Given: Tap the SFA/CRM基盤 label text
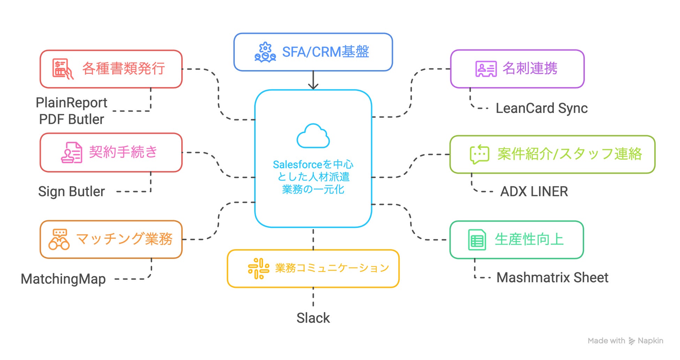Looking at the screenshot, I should coord(325,52).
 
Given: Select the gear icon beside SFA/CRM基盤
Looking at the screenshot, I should coord(265,52).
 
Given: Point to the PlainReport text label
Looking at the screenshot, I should coord(71,103).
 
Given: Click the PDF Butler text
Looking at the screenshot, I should coord(71,120).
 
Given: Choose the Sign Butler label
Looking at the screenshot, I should coord(71,192).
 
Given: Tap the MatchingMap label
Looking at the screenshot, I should coord(63,279).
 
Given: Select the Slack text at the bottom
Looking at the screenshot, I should coord(313,318).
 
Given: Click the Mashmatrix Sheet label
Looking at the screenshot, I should coord(552,278).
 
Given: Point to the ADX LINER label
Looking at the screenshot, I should coord(534,192).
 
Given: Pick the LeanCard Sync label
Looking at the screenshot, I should coord(542,108).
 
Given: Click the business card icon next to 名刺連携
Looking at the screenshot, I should coord(486,69).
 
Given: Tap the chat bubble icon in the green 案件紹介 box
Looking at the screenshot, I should coord(479,154).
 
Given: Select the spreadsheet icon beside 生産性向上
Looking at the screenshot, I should coord(477,240).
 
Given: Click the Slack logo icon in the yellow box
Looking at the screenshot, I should coord(258,268).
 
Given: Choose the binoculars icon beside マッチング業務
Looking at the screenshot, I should coord(59,239).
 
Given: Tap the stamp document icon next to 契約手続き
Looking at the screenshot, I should coord(71,153).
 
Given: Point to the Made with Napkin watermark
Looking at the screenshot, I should coord(625,341).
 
